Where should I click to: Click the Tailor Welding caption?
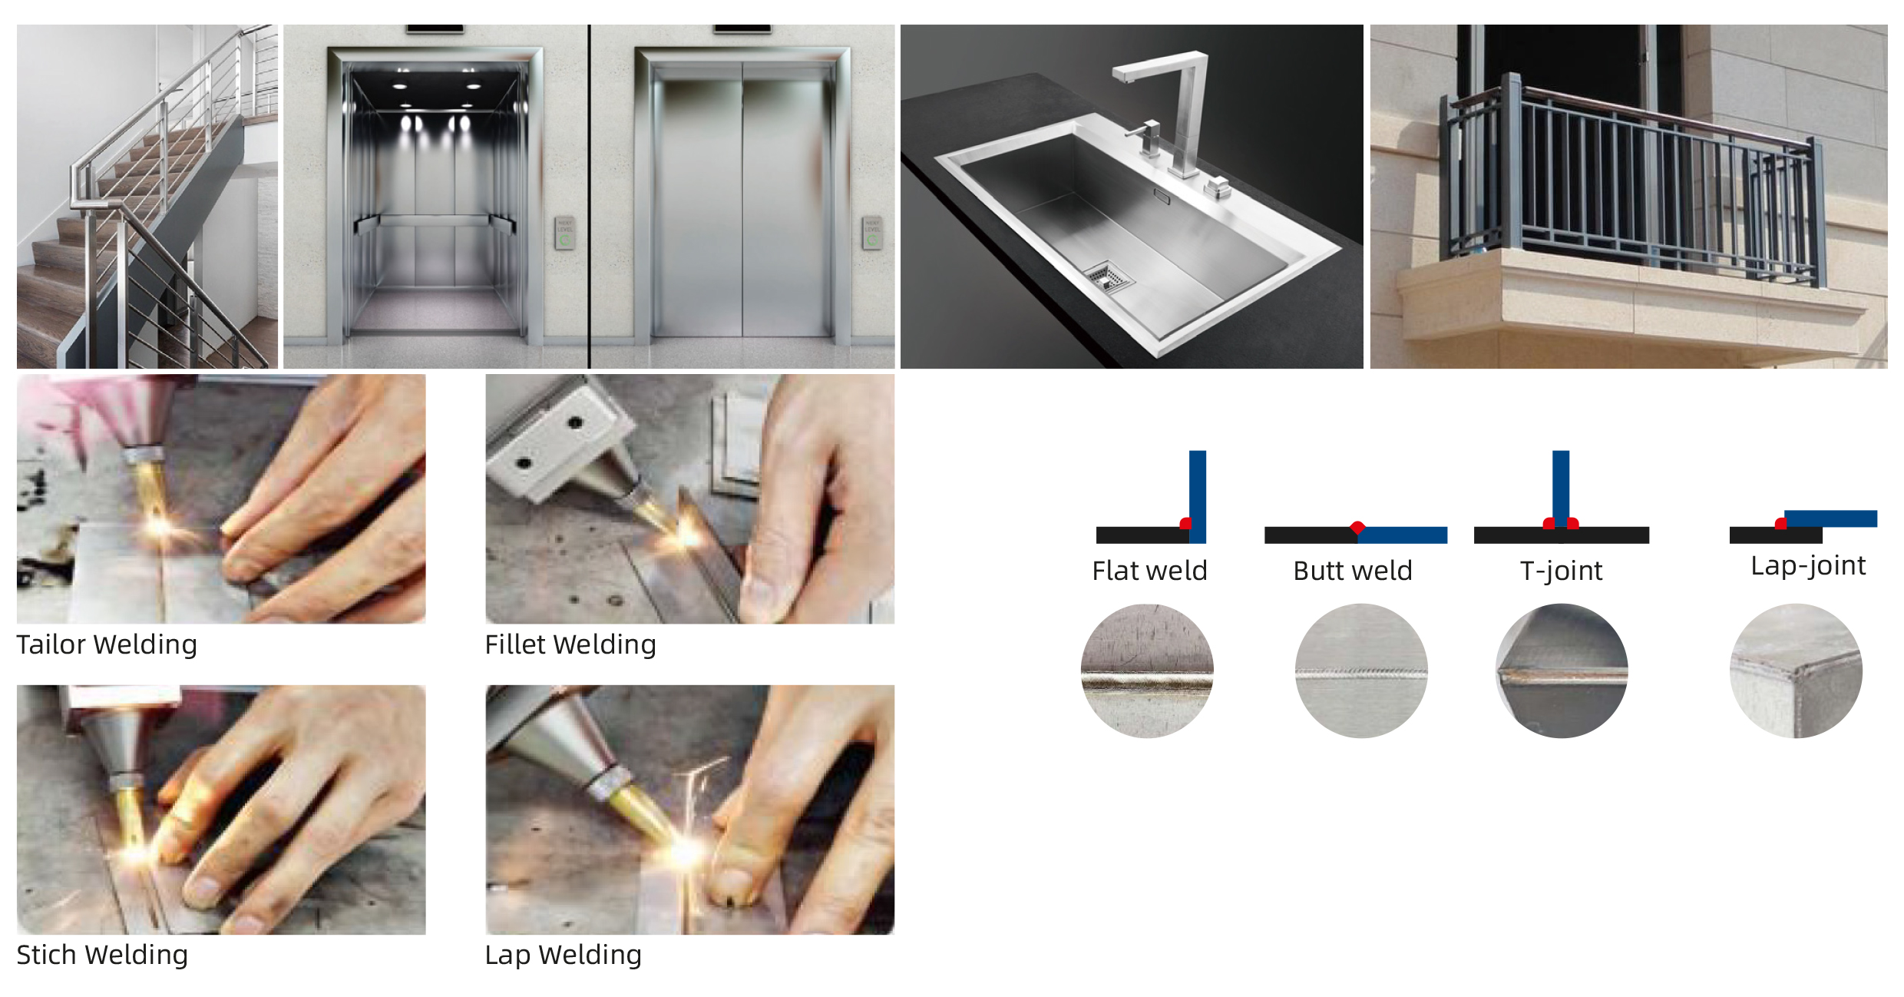pos(107,644)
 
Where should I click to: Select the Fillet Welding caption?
pos(570,644)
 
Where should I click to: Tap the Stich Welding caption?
pos(102,955)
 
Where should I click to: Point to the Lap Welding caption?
pos(563,955)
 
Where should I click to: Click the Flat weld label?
pos(1149,571)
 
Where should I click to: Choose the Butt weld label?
pos(1353,571)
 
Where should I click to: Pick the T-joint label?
pos(1561,571)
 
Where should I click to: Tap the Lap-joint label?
pos(1808,565)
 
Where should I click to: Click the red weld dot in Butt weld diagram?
pos(1357,528)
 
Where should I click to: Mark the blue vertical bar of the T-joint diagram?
pos(1561,489)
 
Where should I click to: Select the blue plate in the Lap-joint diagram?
pos(1830,518)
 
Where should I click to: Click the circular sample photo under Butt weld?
pos(1361,671)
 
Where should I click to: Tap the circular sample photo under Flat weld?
pos(1147,671)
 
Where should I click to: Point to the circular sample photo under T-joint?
pos(1562,671)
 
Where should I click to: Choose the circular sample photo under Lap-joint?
pos(1796,671)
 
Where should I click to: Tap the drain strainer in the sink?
pos(1106,277)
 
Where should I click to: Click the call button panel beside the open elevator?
pos(565,233)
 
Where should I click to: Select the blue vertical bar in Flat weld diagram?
pos(1198,496)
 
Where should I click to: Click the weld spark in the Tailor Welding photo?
pos(159,527)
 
